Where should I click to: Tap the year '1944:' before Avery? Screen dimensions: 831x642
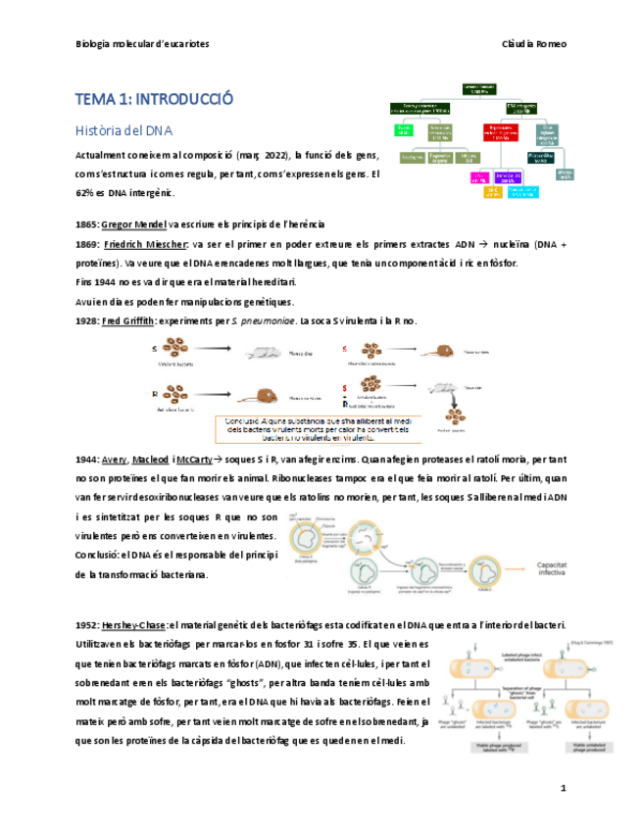point(88,459)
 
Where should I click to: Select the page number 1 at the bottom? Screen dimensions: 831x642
point(563,788)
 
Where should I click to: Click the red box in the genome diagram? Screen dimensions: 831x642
point(500,130)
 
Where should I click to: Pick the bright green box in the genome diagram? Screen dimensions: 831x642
point(403,130)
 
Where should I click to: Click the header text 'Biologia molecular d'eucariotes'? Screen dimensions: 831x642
point(142,44)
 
